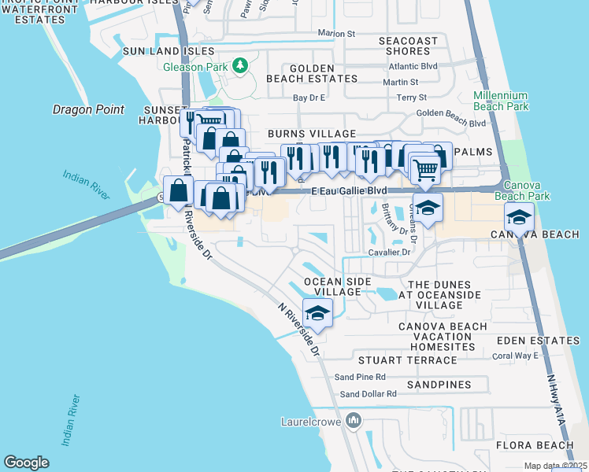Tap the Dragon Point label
click(88, 109)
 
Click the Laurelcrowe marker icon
click(353, 421)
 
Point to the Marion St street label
click(337, 33)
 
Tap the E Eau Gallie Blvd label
click(349, 191)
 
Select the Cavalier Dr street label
click(390, 253)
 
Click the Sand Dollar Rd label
click(369, 393)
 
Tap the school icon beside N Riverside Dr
click(318, 313)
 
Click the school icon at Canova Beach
click(519, 216)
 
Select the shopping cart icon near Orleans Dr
click(425, 168)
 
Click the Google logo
click(26, 463)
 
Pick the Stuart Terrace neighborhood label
click(407, 360)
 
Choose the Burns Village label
click(312, 135)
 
